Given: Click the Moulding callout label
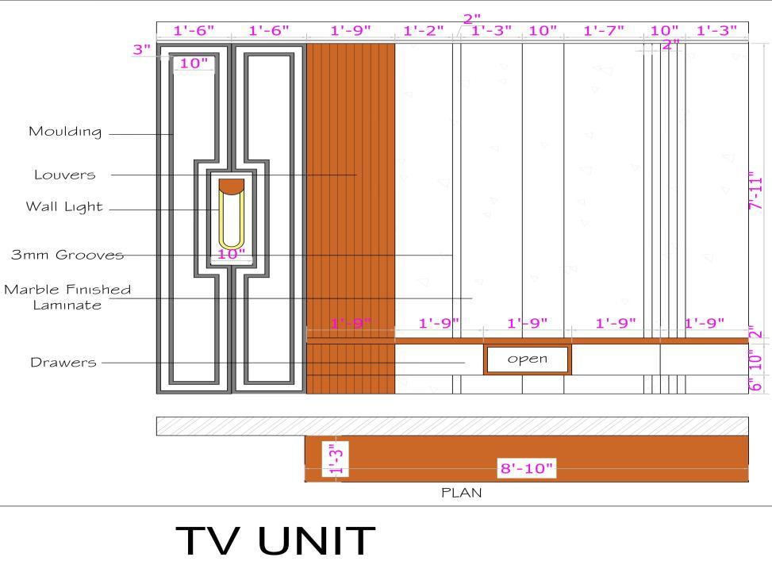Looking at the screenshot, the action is [65, 132].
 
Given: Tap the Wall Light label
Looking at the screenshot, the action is [64, 207].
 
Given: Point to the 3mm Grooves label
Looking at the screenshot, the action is [67, 255].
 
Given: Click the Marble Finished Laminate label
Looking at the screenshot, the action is [67, 297].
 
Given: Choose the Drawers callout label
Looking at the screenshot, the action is [63, 363].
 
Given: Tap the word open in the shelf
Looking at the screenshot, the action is [528, 359].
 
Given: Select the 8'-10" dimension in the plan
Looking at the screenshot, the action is [525, 468].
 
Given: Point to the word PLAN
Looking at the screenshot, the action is [462, 493].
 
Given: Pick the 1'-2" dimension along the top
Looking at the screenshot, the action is [424, 31].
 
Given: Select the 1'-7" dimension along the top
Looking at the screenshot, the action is [604, 31].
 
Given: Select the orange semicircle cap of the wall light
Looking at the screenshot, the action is [232, 186].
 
